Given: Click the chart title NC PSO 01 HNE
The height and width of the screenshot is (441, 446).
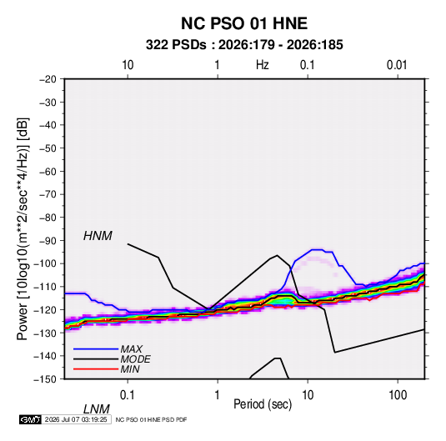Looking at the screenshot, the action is [x=244, y=23].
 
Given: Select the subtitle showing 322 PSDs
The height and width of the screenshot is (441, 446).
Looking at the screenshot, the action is [x=244, y=45].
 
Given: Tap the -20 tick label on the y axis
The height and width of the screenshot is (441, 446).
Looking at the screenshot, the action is [x=48, y=79].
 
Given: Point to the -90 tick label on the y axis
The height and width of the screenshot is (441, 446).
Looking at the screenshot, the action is [x=48, y=241].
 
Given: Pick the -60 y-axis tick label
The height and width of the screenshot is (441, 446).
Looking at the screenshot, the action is [x=48, y=171].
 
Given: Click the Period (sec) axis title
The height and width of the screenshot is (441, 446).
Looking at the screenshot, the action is [x=263, y=404].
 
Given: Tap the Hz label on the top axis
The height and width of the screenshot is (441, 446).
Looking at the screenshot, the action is [x=263, y=65].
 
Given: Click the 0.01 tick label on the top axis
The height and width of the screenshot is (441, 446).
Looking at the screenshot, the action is [x=397, y=65].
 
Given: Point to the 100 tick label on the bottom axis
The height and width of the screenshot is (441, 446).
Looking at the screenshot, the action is [x=398, y=395].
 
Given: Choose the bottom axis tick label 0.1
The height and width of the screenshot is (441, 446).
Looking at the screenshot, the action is [x=128, y=395].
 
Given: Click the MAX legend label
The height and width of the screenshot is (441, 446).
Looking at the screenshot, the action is [x=132, y=349].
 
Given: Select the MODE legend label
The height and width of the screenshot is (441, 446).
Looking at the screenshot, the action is [x=135, y=359].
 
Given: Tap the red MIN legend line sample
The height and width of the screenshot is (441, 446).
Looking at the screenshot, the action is [x=96, y=369].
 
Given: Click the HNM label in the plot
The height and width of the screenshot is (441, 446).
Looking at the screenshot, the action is [x=98, y=236].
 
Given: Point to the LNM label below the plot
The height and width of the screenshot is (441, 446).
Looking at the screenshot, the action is [x=96, y=409].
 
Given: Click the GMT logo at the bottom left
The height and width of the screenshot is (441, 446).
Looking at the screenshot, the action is [x=31, y=419].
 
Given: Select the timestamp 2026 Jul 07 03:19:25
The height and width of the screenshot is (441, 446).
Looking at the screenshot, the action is [x=76, y=419].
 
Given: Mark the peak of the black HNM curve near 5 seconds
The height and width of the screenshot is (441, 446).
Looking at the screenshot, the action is [x=277, y=255].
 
